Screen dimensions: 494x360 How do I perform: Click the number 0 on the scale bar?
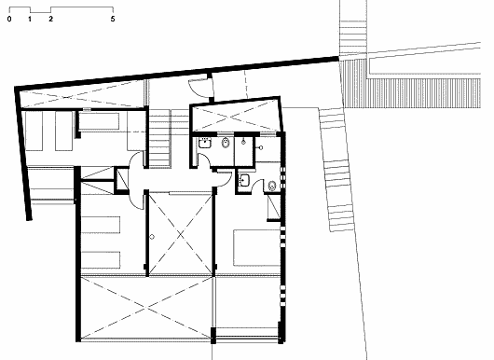click(x=9, y=19)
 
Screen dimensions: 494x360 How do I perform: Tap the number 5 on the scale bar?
click(x=113, y=19)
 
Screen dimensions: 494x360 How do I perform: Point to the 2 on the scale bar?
click(x=50, y=19)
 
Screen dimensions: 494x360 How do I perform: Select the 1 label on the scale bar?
click(x=30, y=19)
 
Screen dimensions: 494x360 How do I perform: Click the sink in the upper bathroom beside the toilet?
click(x=205, y=143)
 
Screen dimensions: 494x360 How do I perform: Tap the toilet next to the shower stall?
click(x=226, y=143)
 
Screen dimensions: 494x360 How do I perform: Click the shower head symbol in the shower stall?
click(x=243, y=142)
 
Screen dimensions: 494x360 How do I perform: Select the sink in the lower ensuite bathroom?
click(x=244, y=180)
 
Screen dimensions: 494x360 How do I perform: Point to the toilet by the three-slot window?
click(x=272, y=186)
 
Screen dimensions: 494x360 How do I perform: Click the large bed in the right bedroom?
click(x=256, y=248)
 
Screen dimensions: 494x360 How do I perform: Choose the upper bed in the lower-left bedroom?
click(x=101, y=225)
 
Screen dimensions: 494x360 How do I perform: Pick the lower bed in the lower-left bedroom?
click(x=101, y=260)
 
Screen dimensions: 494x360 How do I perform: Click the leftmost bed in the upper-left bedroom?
click(x=34, y=131)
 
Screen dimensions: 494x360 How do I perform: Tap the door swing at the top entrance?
click(x=197, y=89)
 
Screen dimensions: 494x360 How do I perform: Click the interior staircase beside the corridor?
click(x=159, y=138)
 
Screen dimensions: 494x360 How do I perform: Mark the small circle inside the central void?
click(x=152, y=237)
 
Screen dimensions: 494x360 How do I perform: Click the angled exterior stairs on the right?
click(x=336, y=170)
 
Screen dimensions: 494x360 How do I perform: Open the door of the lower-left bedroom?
click(x=136, y=200)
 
